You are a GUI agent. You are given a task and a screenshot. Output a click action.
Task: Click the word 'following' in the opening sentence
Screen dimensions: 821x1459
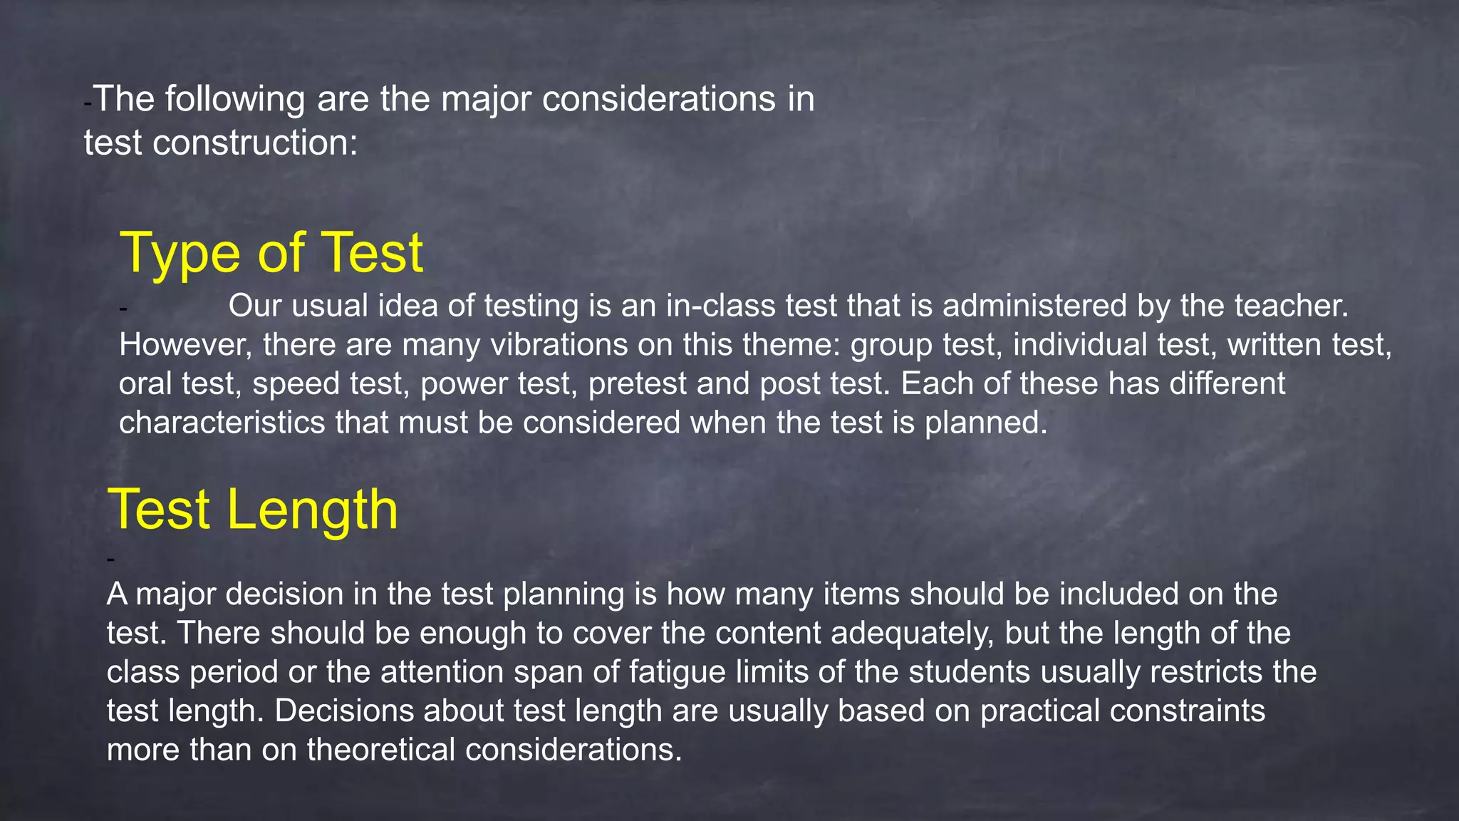235,99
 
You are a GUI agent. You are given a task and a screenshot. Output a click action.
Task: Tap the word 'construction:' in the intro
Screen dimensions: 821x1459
255,143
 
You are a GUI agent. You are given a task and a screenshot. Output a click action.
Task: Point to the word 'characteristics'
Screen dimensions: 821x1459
222,423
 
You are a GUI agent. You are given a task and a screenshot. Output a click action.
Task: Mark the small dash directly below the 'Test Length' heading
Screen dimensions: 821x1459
110,559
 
